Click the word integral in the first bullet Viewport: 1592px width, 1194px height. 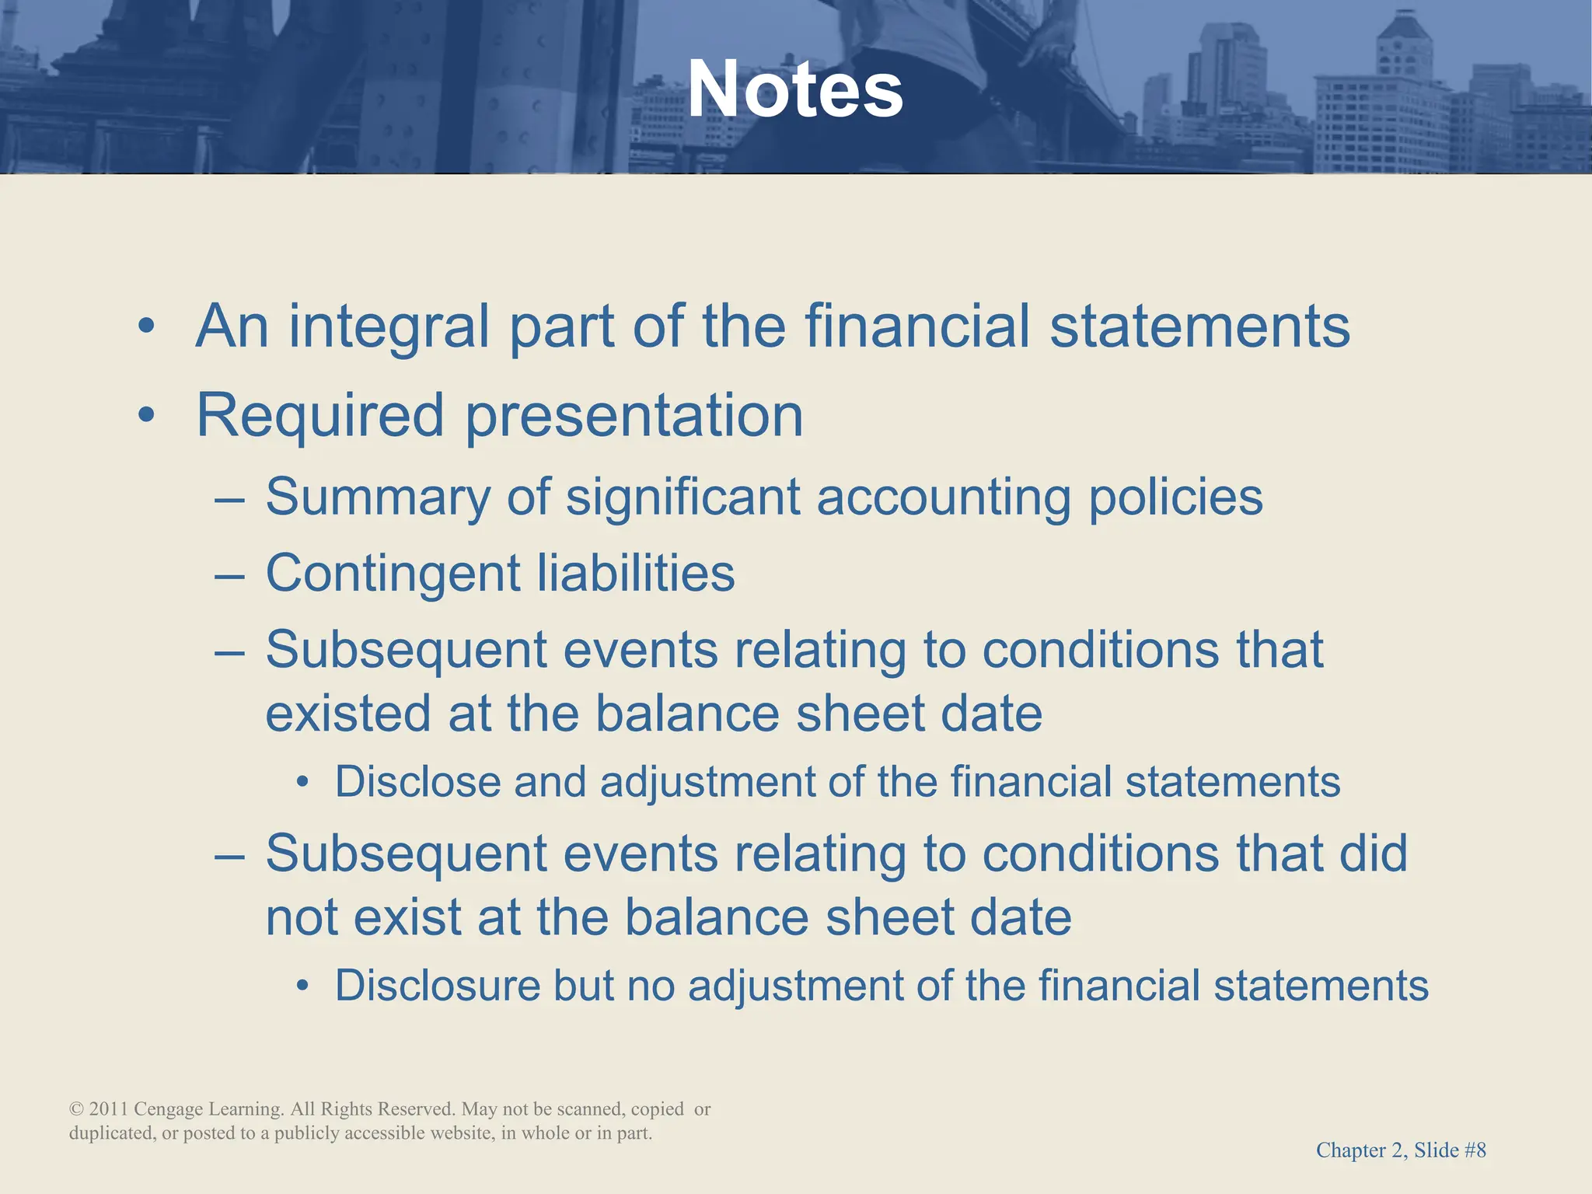[x=389, y=326]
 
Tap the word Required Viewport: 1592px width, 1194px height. [x=319, y=416]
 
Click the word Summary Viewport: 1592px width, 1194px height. [x=378, y=497]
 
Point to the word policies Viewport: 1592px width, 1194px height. [x=1175, y=497]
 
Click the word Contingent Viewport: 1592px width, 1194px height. [x=393, y=574]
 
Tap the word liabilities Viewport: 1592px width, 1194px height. [x=635, y=573]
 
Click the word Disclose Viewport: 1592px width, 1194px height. [x=417, y=781]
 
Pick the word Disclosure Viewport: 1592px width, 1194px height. [x=437, y=986]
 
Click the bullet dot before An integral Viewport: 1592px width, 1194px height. [x=146, y=327]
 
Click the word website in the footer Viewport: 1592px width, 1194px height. [x=462, y=1133]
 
